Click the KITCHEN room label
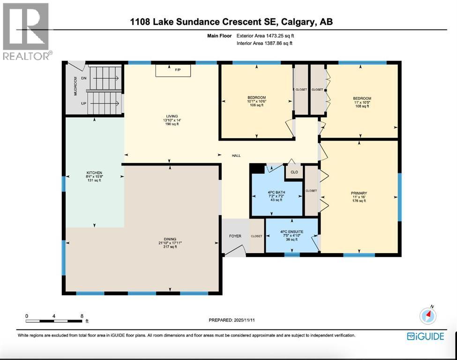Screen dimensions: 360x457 (x=94, y=173)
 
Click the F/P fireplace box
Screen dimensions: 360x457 (x=178, y=70)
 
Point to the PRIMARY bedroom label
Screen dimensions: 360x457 (x=359, y=193)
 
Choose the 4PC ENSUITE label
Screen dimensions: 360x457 (x=292, y=231)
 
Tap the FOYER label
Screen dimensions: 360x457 (x=235, y=236)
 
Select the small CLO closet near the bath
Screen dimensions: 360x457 (x=294, y=172)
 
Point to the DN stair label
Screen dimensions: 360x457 (x=84, y=78)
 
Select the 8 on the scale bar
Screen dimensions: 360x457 (x=82, y=316)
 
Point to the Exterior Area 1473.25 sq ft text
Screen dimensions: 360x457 (x=265, y=35)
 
